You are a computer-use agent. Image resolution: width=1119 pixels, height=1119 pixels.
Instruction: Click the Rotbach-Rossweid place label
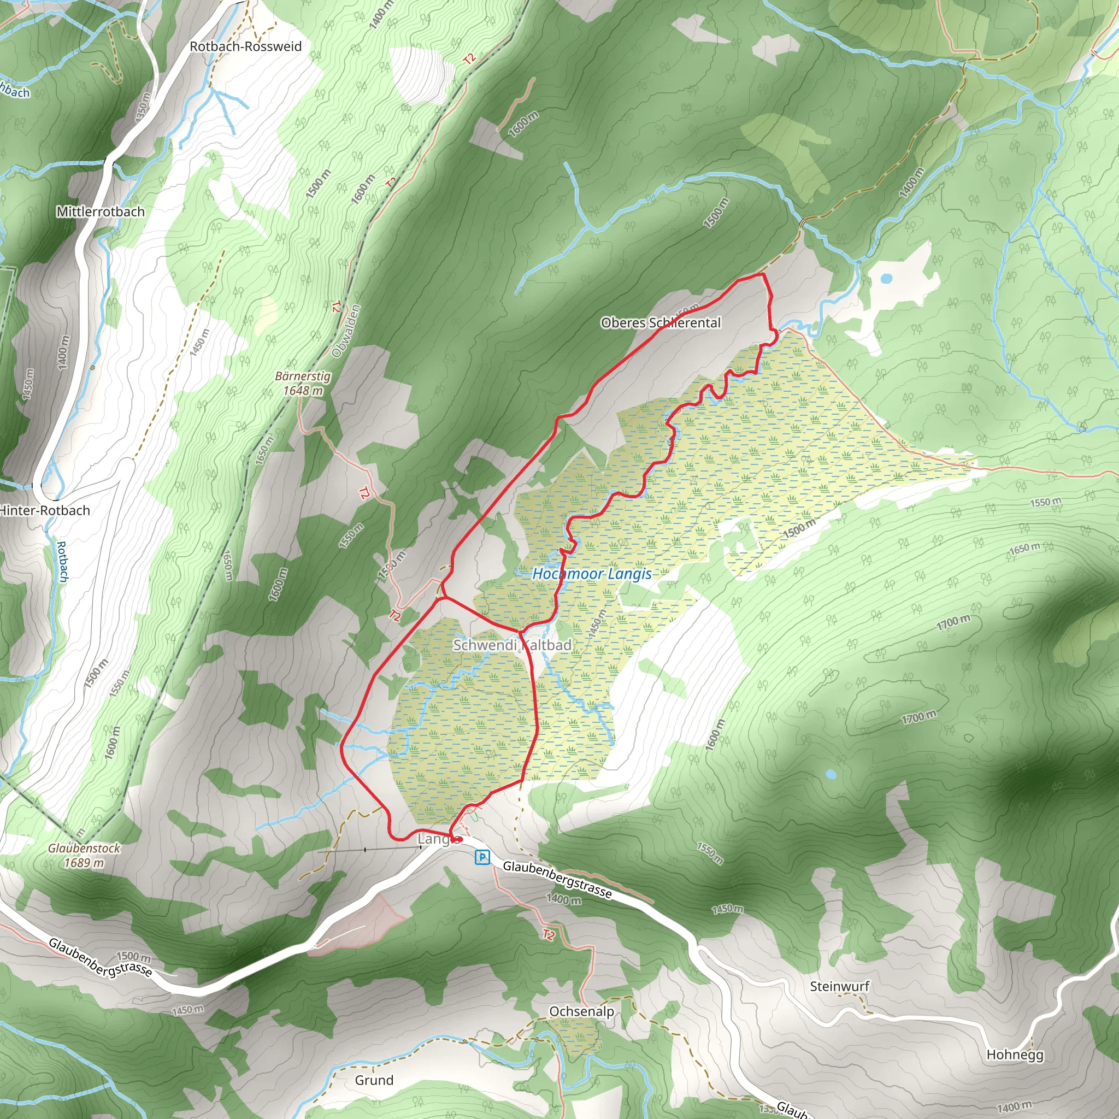(x=245, y=46)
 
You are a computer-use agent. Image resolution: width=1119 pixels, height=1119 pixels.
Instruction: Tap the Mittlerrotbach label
(x=100, y=211)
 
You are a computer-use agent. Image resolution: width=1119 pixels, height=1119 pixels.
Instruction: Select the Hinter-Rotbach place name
(x=45, y=510)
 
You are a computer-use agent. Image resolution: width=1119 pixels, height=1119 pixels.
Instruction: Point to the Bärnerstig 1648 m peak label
(x=302, y=384)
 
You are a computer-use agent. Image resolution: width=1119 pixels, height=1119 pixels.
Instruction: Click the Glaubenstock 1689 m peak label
(x=84, y=855)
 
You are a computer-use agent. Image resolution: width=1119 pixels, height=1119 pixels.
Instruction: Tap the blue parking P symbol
(x=482, y=857)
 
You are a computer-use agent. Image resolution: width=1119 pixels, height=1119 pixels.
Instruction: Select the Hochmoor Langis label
(x=592, y=574)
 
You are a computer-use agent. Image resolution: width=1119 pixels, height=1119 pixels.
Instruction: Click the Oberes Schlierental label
(x=660, y=322)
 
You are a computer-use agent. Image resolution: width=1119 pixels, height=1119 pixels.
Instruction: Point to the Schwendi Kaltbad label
(x=512, y=645)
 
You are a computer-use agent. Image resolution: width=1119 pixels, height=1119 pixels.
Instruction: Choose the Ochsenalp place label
(x=581, y=1011)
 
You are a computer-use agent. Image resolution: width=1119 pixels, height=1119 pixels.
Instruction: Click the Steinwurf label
(x=839, y=986)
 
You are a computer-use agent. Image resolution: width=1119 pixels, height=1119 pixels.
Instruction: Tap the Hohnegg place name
(x=1015, y=1054)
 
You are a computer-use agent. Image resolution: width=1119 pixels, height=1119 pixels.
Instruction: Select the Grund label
(x=374, y=1080)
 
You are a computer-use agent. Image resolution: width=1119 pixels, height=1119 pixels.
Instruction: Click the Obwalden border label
(x=346, y=331)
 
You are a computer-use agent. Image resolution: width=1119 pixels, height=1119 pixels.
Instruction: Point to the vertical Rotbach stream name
(x=62, y=561)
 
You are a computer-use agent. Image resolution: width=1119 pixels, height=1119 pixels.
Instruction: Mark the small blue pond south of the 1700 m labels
(x=831, y=774)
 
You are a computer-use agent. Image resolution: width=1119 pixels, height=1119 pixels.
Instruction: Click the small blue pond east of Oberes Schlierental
(x=886, y=279)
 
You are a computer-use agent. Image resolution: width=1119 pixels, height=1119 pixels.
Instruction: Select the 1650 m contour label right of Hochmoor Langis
(x=1024, y=547)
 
